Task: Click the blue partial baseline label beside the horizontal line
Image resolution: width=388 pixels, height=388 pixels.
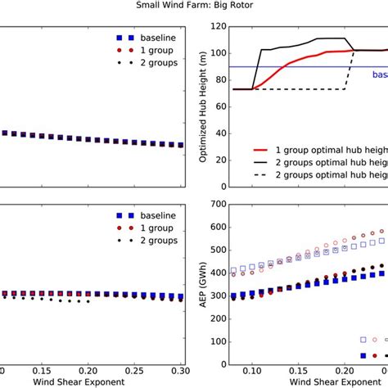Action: click(379, 74)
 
